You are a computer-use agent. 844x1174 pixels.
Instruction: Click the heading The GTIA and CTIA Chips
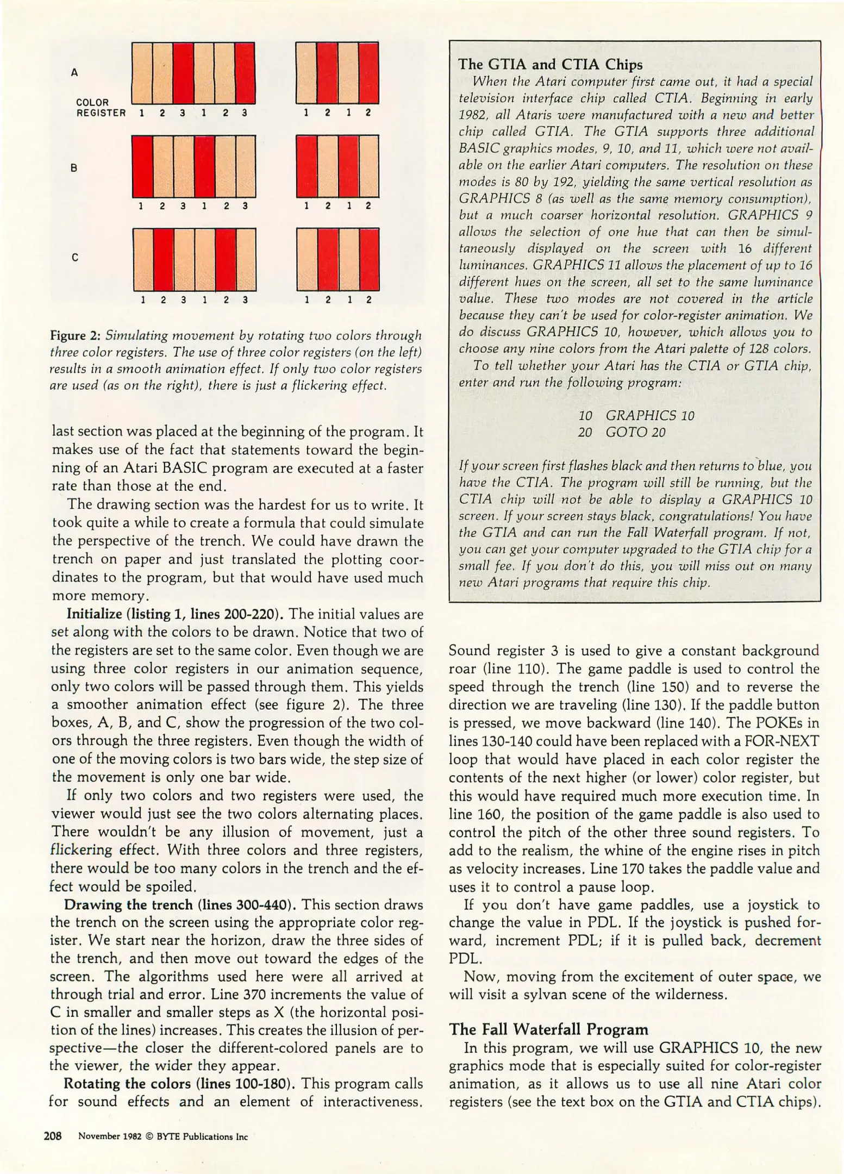(x=550, y=65)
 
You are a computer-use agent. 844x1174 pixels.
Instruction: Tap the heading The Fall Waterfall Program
(x=549, y=1029)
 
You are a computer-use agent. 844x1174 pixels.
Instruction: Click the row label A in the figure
(x=74, y=72)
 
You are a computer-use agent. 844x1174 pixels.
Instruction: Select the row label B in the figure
(x=74, y=168)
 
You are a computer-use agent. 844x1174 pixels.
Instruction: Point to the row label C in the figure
(x=74, y=258)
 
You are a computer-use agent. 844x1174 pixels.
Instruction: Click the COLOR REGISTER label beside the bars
(x=101, y=108)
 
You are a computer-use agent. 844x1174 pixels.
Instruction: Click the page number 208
(x=54, y=1135)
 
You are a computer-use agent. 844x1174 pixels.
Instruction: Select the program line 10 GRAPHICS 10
(x=636, y=416)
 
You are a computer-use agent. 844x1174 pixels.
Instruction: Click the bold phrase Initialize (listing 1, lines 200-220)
(x=175, y=614)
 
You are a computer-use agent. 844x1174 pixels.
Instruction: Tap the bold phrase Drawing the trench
(x=128, y=905)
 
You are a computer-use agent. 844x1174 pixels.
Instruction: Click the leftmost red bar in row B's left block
(x=142, y=167)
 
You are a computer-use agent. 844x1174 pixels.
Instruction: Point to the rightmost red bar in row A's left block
(x=245, y=73)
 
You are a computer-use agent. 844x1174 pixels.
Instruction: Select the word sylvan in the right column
(x=545, y=995)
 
